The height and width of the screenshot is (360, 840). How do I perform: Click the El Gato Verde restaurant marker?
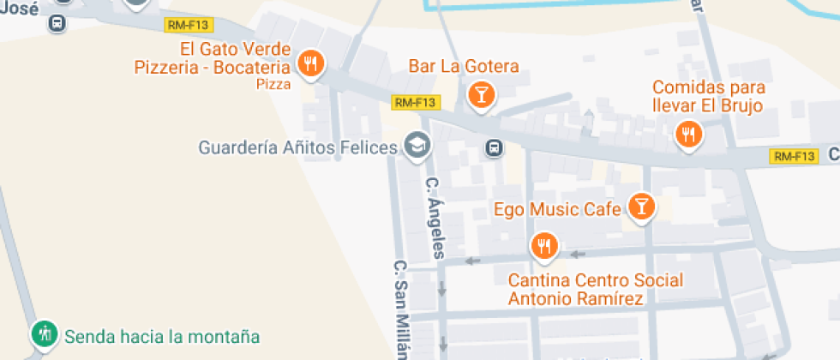pyautogui.click(x=311, y=63)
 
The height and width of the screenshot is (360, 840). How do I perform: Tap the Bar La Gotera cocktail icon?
pyautogui.click(x=481, y=93)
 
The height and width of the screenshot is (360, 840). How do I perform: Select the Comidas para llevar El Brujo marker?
pyautogui.click(x=688, y=134)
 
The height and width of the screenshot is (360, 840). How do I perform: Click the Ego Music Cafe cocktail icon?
pyautogui.click(x=640, y=206)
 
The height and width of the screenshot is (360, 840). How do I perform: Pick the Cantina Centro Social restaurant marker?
pyautogui.click(x=543, y=247)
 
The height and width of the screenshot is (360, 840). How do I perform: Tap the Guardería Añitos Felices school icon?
pyautogui.click(x=417, y=145)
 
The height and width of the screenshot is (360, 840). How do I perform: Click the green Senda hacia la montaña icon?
pyautogui.click(x=44, y=333)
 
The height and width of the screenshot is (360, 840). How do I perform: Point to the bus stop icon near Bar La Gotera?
pyautogui.click(x=495, y=148)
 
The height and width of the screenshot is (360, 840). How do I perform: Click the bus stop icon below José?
pyautogui.click(x=57, y=24)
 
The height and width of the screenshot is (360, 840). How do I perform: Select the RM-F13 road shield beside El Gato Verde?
pyautogui.click(x=194, y=25)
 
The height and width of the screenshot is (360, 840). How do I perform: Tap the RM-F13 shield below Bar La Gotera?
pyautogui.click(x=415, y=103)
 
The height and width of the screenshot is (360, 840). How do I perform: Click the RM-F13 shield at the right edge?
pyautogui.click(x=793, y=156)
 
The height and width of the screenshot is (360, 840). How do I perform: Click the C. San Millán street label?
pyautogui.click(x=399, y=309)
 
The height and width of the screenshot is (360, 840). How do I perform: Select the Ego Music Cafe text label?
pyautogui.click(x=558, y=209)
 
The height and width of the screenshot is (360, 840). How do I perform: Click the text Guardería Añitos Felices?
pyautogui.click(x=298, y=147)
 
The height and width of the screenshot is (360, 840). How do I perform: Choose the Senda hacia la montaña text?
pyautogui.click(x=162, y=337)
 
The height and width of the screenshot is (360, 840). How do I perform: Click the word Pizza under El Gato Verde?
pyautogui.click(x=273, y=84)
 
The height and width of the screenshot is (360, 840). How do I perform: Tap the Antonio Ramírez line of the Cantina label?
pyautogui.click(x=576, y=298)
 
